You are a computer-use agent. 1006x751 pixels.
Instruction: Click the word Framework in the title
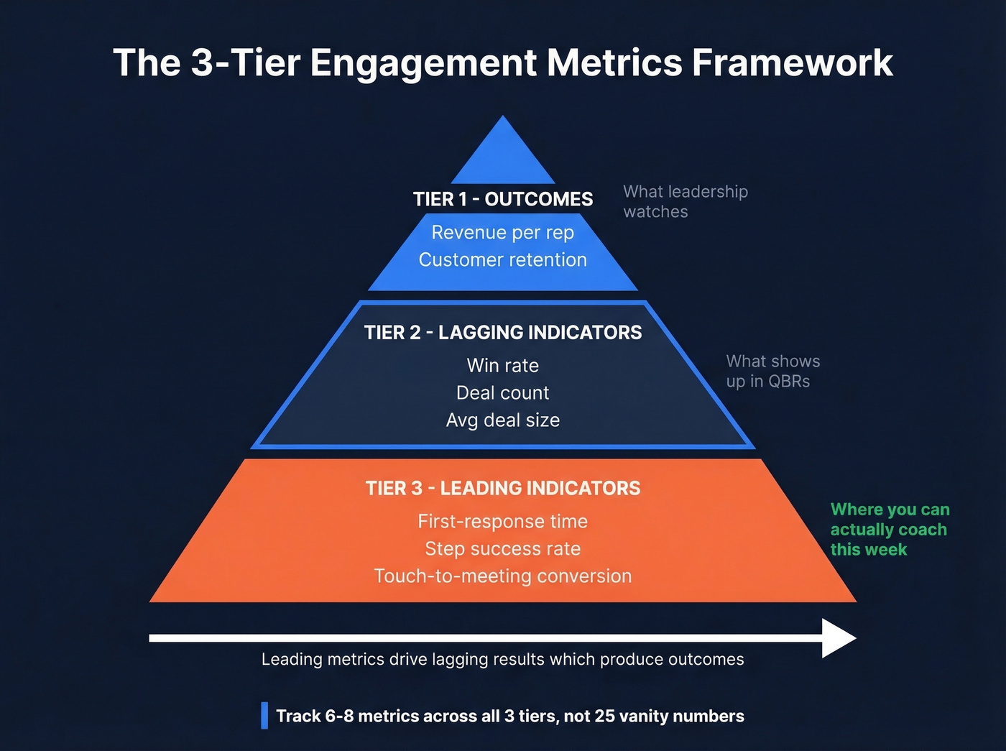[x=792, y=63]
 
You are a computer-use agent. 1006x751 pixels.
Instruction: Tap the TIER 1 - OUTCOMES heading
[x=503, y=199]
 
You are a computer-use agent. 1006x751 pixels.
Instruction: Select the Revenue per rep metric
[x=503, y=233]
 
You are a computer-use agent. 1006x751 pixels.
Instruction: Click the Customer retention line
[x=503, y=259]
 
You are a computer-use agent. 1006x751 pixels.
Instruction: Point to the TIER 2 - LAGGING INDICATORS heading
[x=503, y=332]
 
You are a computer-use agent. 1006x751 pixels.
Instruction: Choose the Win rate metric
[x=503, y=365]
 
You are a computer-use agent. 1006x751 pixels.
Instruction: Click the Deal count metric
[x=503, y=392]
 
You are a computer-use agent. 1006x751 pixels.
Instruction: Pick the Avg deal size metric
[x=503, y=420]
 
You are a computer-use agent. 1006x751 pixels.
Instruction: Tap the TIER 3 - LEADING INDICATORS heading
[x=503, y=488]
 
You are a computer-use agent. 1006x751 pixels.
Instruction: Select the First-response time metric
[x=503, y=521]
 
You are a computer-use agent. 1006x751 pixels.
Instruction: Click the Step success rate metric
[x=503, y=548]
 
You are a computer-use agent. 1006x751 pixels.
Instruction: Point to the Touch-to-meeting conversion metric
[x=503, y=576]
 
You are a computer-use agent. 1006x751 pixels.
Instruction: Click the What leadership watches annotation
[x=685, y=201]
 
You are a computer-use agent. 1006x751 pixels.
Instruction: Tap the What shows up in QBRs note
[x=772, y=371]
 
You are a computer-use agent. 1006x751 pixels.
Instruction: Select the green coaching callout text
[x=890, y=529]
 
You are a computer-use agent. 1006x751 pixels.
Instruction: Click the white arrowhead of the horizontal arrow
[x=838, y=638]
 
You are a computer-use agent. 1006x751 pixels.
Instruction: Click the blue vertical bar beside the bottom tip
[x=264, y=716]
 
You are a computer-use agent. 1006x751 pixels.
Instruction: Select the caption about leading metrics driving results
[x=503, y=659]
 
